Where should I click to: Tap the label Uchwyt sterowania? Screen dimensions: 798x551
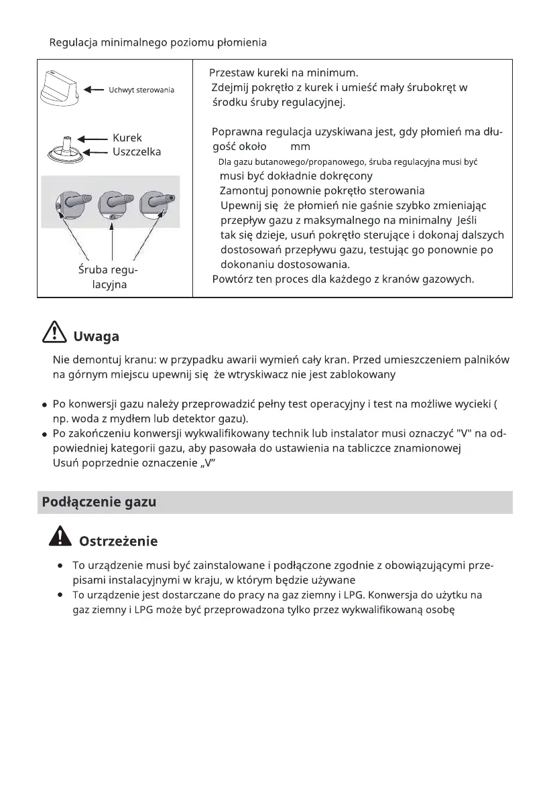pyautogui.click(x=141, y=90)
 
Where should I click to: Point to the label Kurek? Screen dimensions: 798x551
pyautogui.click(x=127, y=138)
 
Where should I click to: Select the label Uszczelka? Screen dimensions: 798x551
pyautogui.click(x=137, y=152)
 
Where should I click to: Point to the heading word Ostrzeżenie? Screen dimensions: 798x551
pyautogui.click(x=118, y=540)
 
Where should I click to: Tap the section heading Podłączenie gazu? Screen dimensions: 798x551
pyautogui.click(x=99, y=502)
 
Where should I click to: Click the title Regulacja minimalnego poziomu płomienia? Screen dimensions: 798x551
pyautogui.click(x=158, y=43)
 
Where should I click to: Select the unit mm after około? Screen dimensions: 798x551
pyautogui.click(x=300, y=147)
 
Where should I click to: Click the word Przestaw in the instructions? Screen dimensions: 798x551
pyautogui.click(x=230, y=72)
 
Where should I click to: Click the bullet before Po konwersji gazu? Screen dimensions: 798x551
pyautogui.click(x=44, y=405)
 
